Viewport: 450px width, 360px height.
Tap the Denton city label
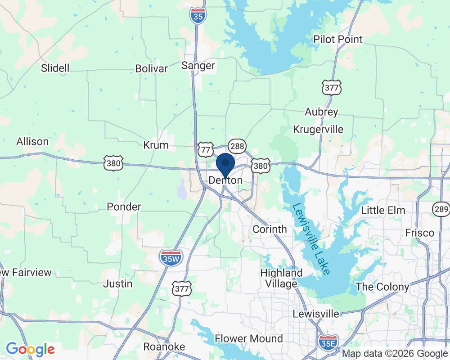(225, 180)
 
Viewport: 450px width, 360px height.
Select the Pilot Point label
(338, 40)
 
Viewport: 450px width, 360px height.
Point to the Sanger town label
(198, 66)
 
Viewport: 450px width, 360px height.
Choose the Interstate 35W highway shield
(171, 258)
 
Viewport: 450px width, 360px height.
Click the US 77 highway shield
(206, 149)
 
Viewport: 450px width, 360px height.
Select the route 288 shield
(236, 145)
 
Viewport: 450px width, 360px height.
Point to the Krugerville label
(318, 130)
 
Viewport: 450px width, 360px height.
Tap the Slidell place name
(55, 68)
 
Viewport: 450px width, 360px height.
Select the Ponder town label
(124, 207)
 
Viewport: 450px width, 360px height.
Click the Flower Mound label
(249, 338)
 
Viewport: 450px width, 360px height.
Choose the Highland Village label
(281, 278)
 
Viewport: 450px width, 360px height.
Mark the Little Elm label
(383, 210)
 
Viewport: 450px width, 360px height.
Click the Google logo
(30, 349)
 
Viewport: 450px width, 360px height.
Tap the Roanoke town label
(164, 346)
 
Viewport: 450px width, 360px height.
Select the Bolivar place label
(152, 69)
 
